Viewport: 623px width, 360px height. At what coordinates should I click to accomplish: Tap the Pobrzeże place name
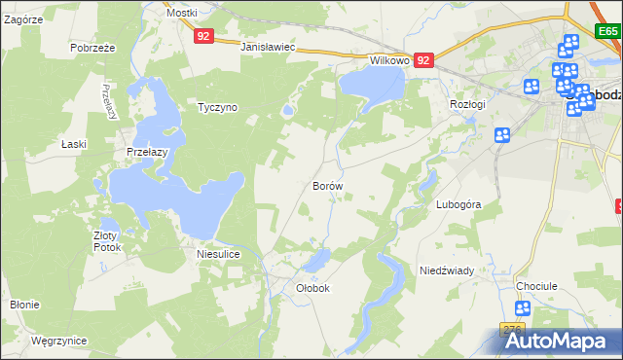[93, 47]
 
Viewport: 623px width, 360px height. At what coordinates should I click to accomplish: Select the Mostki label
[181, 13]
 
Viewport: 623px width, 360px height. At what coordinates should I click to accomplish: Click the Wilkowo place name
[388, 59]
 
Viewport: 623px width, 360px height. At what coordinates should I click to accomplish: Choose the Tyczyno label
[217, 107]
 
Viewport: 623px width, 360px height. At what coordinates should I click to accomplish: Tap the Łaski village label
[74, 144]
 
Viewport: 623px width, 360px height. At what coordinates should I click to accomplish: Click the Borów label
[327, 185]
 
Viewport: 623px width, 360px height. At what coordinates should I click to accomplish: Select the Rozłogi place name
[467, 103]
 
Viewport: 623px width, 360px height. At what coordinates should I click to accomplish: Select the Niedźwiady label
[446, 270]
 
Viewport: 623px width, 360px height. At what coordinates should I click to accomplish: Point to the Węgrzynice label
[58, 341]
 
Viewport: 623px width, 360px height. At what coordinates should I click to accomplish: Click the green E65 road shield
[608, 32]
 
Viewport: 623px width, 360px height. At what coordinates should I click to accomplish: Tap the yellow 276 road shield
[513, 330]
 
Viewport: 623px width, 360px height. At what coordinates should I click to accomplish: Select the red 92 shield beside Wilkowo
[423, 60]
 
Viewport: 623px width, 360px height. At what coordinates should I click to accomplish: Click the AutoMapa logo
[551, 340]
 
